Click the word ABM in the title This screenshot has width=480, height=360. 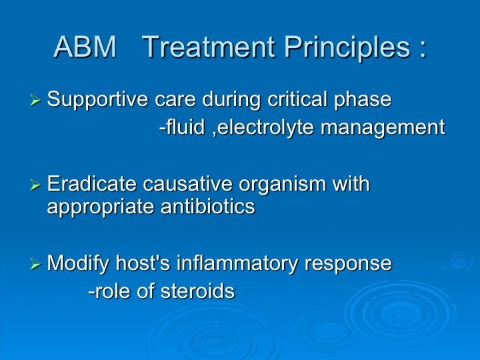pos(85,47)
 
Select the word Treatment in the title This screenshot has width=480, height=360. pos(209,47)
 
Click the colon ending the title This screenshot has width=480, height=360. pos(423,49)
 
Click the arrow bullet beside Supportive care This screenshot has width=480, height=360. pos(35,100)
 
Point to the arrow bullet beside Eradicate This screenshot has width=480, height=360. pos(35,185)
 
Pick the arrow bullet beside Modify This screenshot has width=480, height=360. pos(35,263)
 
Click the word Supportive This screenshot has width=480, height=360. pos(97,100)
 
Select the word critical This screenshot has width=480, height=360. pos(297,99)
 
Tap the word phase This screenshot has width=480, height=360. pos(363,100)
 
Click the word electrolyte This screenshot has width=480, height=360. pos(265,127)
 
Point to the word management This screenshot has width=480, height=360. pos(383,128)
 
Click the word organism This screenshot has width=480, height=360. pos(282,185)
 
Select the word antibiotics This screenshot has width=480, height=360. pos(208,206)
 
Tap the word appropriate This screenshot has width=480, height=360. pos(101,207)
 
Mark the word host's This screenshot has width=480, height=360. pos(143,263)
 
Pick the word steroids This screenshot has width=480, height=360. pos(198,290)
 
